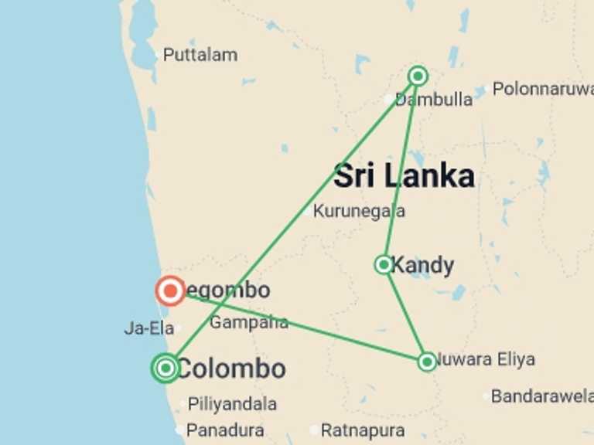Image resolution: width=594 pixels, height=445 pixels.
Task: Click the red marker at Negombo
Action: coord(170,291)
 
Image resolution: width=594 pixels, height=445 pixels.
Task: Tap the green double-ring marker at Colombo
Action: coord(166,368)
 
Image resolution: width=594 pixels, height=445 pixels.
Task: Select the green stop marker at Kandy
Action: coord(384,265)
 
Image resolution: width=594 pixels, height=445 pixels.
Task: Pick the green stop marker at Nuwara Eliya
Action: coord(427,361)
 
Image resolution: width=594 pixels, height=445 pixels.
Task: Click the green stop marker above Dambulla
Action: coord(418,76)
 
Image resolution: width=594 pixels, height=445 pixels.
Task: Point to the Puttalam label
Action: coord(200,55)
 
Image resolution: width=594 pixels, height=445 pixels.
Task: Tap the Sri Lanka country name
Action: coord(404,176)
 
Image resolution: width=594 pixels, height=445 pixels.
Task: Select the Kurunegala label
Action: coord(359,211)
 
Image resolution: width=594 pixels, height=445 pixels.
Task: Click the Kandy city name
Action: coord(422,265)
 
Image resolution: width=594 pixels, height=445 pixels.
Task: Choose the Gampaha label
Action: coord(248,322)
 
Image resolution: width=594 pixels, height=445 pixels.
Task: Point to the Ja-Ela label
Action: coord(148,328)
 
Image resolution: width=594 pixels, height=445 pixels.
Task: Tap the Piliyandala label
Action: coord(232,404)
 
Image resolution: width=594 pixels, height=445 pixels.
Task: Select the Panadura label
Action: coord(225,430)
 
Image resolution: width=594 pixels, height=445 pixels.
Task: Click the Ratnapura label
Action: coord(362,430)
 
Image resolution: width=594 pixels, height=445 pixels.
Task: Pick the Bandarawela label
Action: coord(542,397)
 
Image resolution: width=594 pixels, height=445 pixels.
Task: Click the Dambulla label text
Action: coord(435,100)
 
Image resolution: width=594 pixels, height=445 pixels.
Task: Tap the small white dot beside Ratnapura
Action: coord(314,430)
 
